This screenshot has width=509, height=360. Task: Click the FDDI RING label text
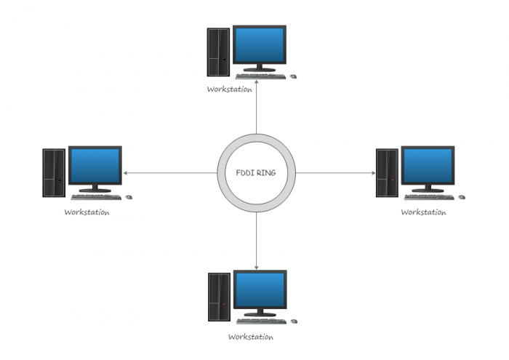click(x=256, y=173)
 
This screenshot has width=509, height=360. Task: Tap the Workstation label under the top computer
click(x=229, y=89)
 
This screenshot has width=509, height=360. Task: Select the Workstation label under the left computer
click(x=87, y=212)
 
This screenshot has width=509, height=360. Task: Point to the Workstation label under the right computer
click(x=423, y=212)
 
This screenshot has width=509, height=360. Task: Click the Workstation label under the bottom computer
click(x=250, y=337)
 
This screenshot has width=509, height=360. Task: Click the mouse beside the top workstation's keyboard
click(x=294, y=76)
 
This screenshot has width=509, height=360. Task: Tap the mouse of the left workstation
click(x=129, y=196)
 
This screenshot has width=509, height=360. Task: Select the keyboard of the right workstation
click(x=429, y=196)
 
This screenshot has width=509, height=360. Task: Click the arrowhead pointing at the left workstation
click(x=127, y=173)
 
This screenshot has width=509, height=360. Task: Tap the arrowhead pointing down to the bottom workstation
click(x=257, y=266)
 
